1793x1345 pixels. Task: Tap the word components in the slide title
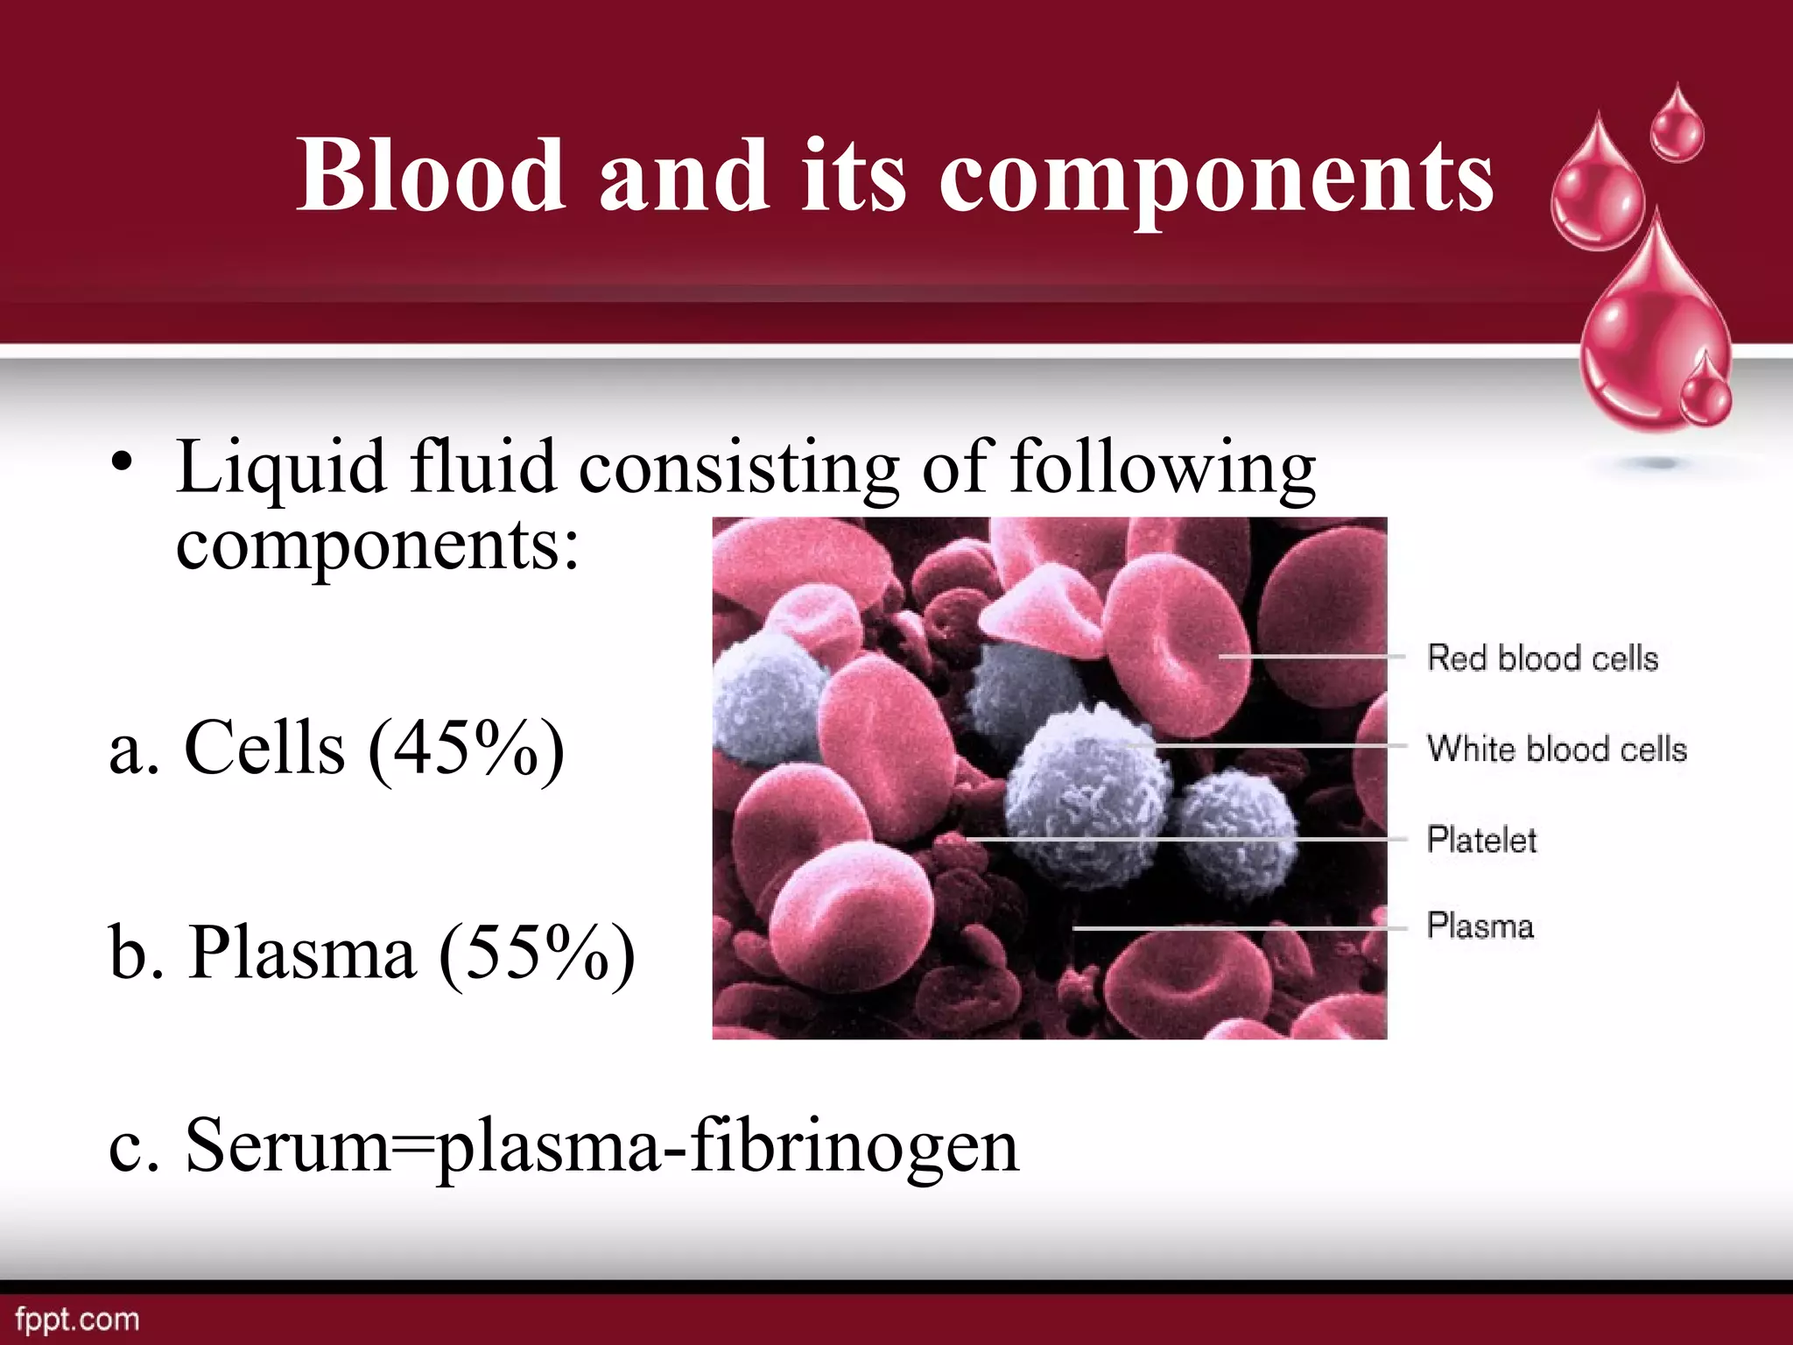click(1217, 180)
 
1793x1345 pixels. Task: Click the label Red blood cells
click(1543, 658)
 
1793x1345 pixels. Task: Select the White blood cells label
click(1557, 750)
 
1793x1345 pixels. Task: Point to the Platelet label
click(1481, 841)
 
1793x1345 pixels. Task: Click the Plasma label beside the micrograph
click(1480, 926)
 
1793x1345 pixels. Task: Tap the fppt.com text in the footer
click(77, 1320)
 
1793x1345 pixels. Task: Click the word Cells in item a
click(264, 749)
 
